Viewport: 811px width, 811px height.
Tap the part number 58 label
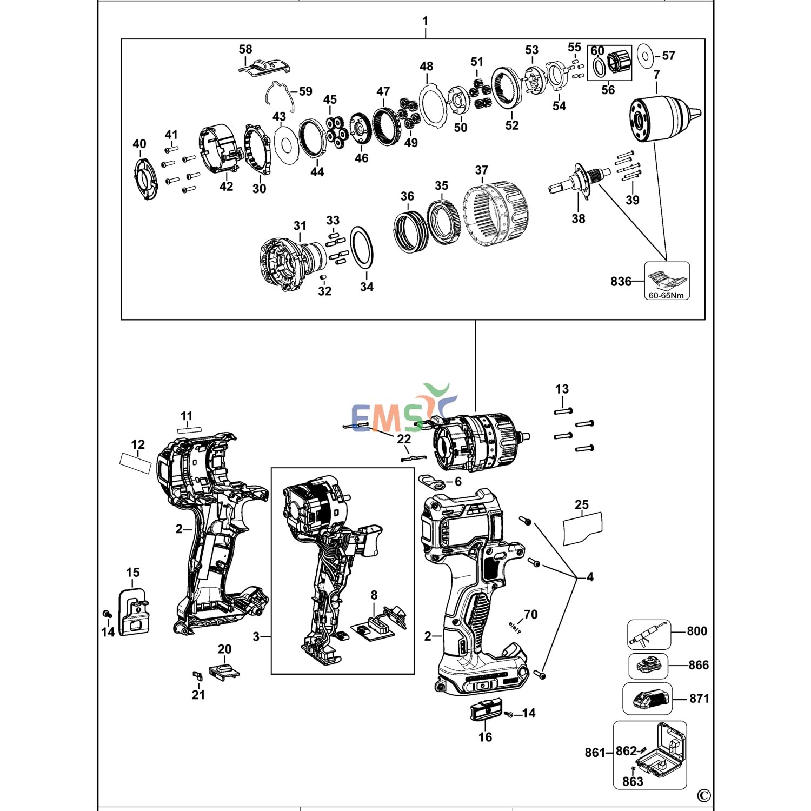(245, 49)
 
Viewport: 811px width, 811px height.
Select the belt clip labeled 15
(133, 611)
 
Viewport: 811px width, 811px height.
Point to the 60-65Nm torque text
(666, 295)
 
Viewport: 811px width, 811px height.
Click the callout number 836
(621, 281)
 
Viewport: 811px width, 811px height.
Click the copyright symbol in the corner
(703, 795)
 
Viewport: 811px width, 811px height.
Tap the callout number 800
(697, 631)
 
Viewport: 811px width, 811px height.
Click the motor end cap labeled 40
(144, 178)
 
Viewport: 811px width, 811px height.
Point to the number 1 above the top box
(426, 21)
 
